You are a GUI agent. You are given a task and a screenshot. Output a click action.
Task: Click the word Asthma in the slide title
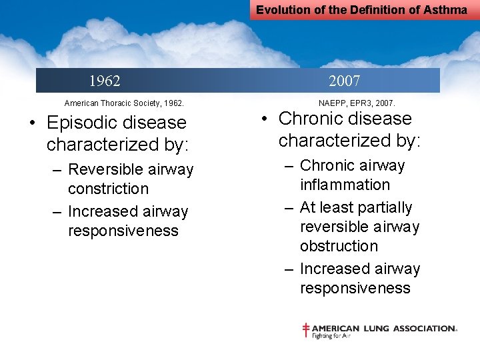click(x=446, y=10)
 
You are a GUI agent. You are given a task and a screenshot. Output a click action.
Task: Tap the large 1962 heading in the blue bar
click(x=105, y=81)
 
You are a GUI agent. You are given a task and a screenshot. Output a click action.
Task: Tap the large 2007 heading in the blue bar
click(x=344, y=81)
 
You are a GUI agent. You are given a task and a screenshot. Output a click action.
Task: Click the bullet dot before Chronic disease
click(x=265, y=119)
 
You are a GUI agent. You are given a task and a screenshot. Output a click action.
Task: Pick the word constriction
click(x=108, y=189)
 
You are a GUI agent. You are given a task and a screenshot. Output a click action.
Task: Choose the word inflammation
click(x=345, y=185)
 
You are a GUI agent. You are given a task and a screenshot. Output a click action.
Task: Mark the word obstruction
click(x=339, y=246)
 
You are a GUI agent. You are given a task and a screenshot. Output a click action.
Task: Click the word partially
click(x=385, y=208)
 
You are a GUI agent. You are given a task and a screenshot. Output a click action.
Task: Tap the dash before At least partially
click(x=288, y=208)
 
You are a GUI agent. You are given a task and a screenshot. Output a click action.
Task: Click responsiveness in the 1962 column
click(x=123, y=231)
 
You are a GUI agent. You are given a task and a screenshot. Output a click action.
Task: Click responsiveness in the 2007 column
click(x=355, y=288)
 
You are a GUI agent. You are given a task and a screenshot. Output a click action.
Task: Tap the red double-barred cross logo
click(x=306, y=329)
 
